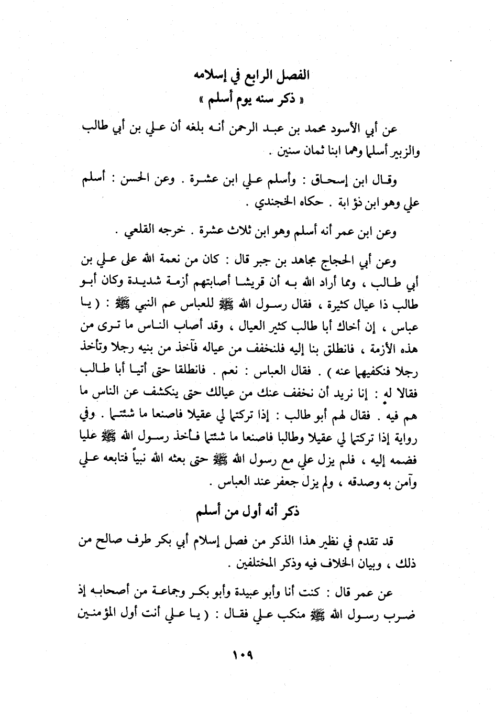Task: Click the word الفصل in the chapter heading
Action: coord(290,75)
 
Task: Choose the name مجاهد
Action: coord(313,261)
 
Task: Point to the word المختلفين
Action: coord(259,566)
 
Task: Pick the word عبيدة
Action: coord(283,593)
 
